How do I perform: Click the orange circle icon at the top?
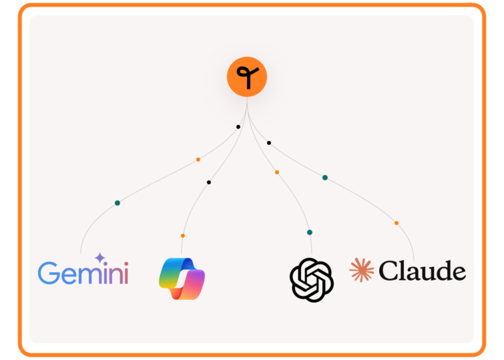[247, 77]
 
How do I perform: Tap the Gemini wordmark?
[83, 273]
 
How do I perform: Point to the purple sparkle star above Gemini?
[100, 258]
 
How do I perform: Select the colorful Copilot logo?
[182, 278]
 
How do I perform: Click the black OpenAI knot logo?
[312, 280]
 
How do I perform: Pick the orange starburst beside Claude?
[362, 271]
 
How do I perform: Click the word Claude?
[422, 271]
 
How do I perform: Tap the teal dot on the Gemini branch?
[117, 202]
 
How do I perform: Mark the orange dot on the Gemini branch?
[198, 160]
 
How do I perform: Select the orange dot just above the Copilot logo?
[183, 236]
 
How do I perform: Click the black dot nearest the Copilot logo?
[209, 182]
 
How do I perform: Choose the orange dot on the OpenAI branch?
[277, 172]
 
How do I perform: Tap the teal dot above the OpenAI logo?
[310, 232]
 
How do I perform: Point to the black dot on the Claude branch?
[269, 142]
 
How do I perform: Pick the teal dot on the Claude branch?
[325, 178]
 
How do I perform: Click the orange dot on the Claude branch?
[397, 223]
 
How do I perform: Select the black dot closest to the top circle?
[238, 127]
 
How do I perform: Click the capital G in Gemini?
[48, 273]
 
